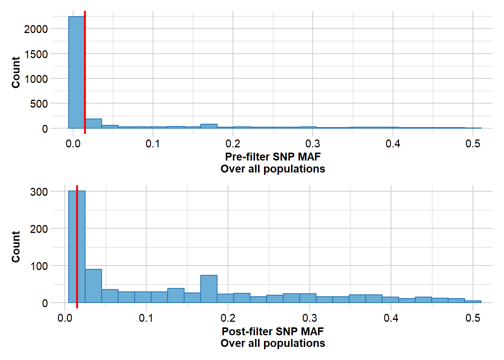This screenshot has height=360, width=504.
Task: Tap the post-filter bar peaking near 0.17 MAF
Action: (209, 289)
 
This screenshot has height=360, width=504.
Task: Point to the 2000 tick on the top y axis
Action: (36, 29)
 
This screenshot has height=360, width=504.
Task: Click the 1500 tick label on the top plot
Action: (36, 54)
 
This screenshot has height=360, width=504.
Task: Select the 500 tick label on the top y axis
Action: (39, 104)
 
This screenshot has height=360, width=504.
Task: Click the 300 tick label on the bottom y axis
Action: (39, 192)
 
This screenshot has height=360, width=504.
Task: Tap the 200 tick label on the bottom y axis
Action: (39, 229)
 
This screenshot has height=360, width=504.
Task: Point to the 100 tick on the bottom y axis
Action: (39, 266)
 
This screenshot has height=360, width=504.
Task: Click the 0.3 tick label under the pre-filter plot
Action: (313, 144)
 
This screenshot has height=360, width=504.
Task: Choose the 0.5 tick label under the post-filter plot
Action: (472, 318)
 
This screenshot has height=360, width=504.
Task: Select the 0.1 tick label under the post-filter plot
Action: (146, 318)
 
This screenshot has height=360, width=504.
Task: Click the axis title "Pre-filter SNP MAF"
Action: (273, 157)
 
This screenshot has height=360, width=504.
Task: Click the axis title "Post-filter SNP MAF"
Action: (273, 331)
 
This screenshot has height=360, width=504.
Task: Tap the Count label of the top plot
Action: (16, 72)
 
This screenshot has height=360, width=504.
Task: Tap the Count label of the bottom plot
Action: (16, 247)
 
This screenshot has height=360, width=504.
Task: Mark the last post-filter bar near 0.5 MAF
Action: (473, 301)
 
